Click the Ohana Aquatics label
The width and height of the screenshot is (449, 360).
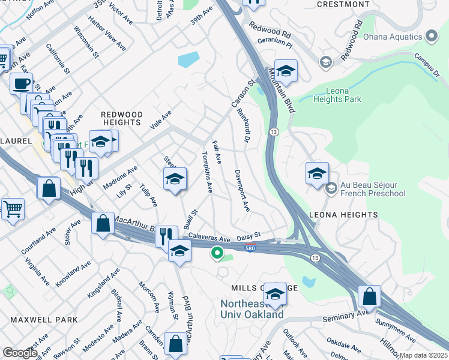[393, 37]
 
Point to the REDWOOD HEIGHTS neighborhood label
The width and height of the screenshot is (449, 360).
[122, 118]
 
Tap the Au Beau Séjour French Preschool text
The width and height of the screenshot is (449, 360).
[372, 189]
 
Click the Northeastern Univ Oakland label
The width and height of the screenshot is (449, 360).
[252, 309]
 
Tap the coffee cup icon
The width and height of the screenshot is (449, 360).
[22, 83]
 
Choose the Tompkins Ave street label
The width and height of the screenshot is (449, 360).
[206, 172]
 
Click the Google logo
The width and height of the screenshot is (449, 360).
[20, 353]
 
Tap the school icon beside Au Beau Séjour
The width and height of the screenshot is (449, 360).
[317, 173]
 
